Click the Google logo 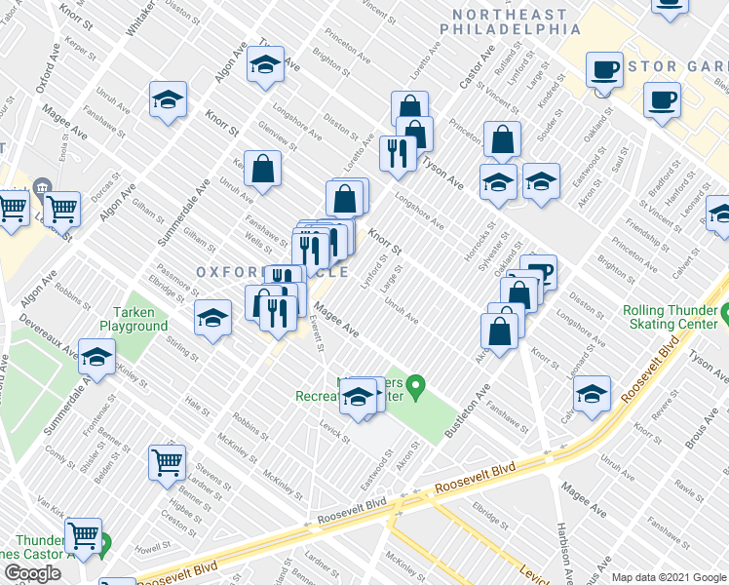(x=32, y=572)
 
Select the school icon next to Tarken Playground (x=212, y=317)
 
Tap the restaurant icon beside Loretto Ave (x=397, y=152)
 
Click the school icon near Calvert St (x=592, y=392)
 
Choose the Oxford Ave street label (x=47, y=74)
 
